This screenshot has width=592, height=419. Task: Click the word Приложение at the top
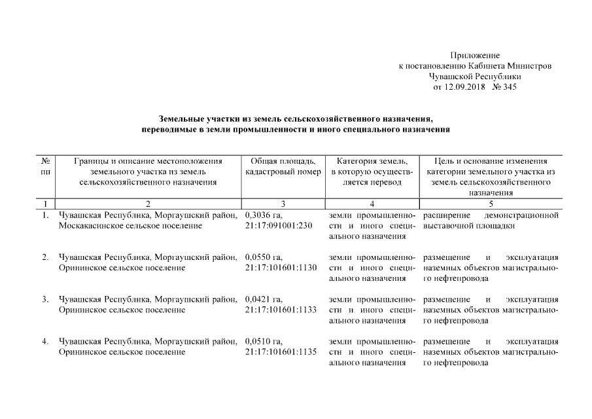pyautogui.click(x=475, y=56)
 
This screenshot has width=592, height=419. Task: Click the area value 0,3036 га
pyautogui.click(x=264, y=215)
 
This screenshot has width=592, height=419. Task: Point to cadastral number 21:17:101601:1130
pyautogui.click(x=281, y=268)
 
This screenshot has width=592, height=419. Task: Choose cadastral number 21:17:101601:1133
pyautogui.click(x=281, y=310)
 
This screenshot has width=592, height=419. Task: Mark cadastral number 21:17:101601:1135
pyautogui.click(x=281, y=352)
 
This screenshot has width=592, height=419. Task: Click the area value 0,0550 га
pyautogui.click(x=264, y=257)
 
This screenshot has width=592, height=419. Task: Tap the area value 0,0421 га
pyautogui.click(x=264, y=299)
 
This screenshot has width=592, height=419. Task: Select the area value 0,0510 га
pyautogui.click(x=264, y=340)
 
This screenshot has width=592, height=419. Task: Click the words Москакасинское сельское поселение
pyautogui.click(x=130, y=226)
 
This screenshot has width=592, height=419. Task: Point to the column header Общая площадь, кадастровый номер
pyautogui.click(x=283, y=166)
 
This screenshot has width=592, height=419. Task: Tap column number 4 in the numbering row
pyautogui.click(x=371, y=204)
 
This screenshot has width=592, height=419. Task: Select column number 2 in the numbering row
pyautogui.click(x=148, y=204)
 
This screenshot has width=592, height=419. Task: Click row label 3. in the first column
pyautogui.click(x=46, y=299)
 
